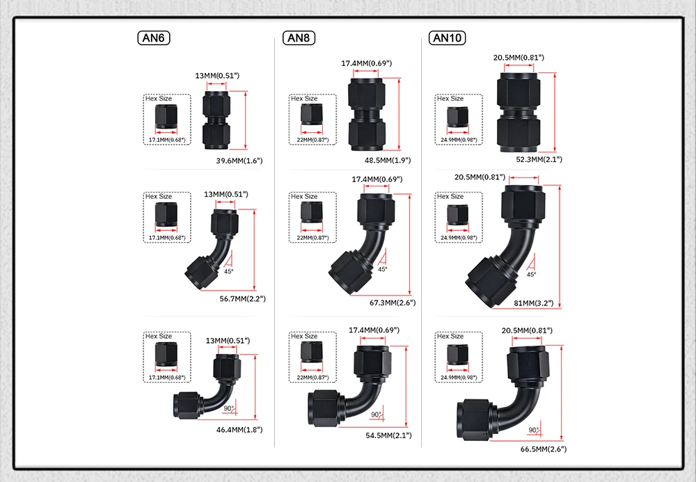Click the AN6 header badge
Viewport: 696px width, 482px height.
(154, 38)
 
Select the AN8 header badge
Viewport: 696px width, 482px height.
(299, 38)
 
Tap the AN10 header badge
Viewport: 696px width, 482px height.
(448, 38)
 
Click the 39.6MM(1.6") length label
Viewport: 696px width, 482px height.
(239, 161)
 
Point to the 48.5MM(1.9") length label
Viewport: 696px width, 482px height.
(388, 160)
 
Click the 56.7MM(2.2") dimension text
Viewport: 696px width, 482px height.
(242, 298)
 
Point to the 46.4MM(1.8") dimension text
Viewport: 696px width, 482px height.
(239, 430)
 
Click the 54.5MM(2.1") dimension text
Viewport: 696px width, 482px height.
(388, 435)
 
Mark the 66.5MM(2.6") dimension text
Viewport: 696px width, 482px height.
(543, 449)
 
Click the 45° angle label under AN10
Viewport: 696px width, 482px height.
(532, 275)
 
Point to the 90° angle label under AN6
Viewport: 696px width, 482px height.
(227, 408)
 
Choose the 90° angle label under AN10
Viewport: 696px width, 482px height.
(534, 430)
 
